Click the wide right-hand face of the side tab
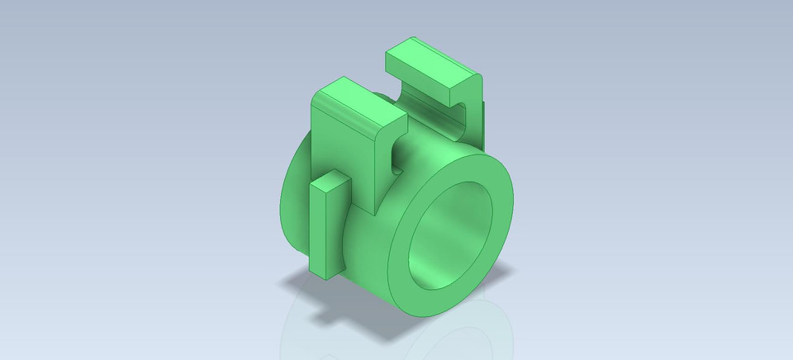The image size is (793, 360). pyautogui.click(x=338, y=227)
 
